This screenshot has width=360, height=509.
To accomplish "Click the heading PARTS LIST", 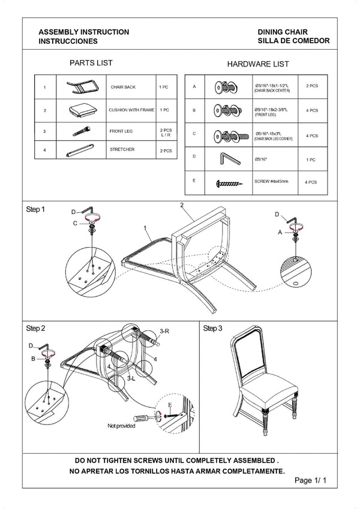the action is (91, 63).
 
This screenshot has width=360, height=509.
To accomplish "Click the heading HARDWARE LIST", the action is (258, 64).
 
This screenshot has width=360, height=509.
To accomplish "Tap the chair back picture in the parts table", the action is (82, 87).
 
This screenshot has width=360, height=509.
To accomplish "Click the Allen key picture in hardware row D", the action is (229, 159).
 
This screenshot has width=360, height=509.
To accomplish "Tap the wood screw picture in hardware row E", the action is (229, 183).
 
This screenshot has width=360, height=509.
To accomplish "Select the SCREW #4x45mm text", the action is (271, 182).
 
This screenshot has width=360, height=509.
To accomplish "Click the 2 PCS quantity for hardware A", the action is (312, 86).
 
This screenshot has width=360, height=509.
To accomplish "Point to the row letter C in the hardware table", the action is (194, 134).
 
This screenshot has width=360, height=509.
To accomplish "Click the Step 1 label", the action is (35, 209).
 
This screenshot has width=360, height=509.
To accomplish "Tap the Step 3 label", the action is (212, 328).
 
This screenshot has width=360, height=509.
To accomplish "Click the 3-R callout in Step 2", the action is (164, 331).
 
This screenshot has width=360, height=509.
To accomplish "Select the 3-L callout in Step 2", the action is (131, 378).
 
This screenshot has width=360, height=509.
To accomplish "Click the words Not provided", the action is (121, 426).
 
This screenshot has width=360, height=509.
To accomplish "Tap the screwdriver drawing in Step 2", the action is (145, 418).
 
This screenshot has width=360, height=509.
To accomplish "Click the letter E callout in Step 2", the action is (170, 405).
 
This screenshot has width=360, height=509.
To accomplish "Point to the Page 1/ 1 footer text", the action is (310, 480).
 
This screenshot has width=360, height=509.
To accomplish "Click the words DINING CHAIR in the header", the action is (283, 32).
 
